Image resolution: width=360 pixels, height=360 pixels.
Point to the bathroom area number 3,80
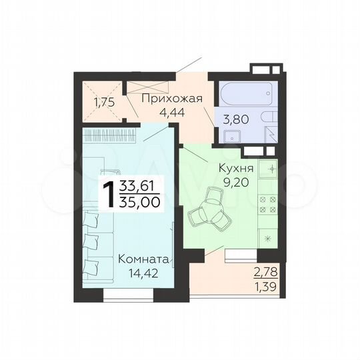(240, 122)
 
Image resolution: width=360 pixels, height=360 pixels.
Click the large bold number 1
(106, 194)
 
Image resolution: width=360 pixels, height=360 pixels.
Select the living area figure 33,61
(139, 187)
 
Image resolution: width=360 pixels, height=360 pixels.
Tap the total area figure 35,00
(139, 202)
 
